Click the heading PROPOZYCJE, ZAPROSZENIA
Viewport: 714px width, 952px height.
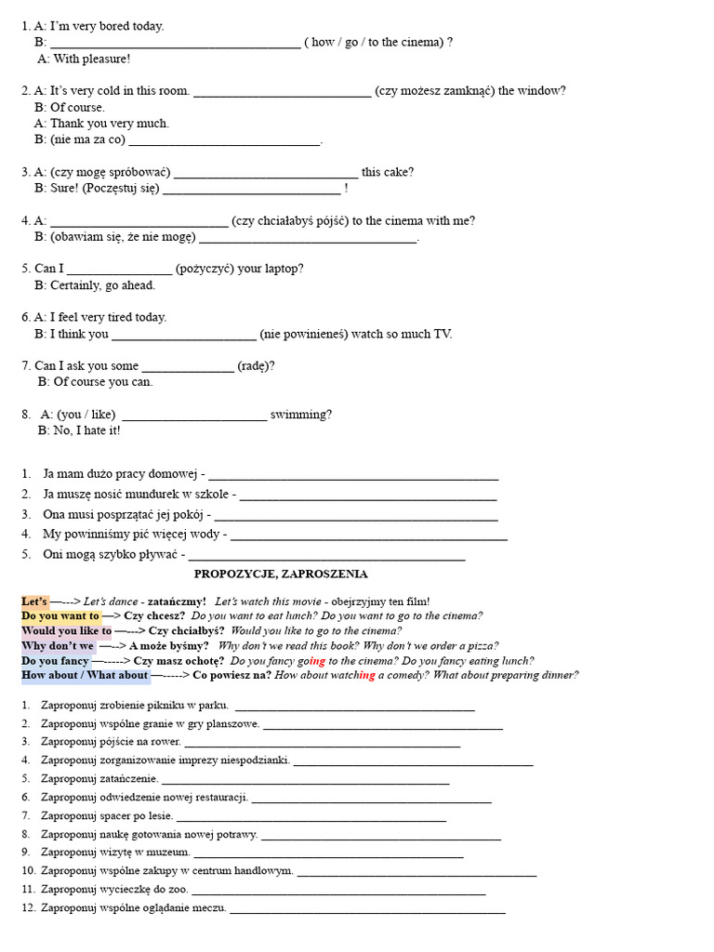(x=280, y=575)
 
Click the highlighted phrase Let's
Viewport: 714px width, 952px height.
(x=34, y=602)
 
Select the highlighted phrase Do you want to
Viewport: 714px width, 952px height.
(x=60, y=615)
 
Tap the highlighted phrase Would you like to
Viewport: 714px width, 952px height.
(x=66, y=630)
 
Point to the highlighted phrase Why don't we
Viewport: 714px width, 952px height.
(x=58, y=645)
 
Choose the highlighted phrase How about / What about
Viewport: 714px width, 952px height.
(x=85, y=675)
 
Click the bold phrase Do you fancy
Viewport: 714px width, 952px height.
(x=55, y=660)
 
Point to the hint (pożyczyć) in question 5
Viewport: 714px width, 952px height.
(x=205, y=269)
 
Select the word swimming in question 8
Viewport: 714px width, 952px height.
(x=300, y=414)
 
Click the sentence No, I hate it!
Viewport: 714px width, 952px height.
(x=79, y=430)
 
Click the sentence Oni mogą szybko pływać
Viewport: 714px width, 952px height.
(x=112, y=554)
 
